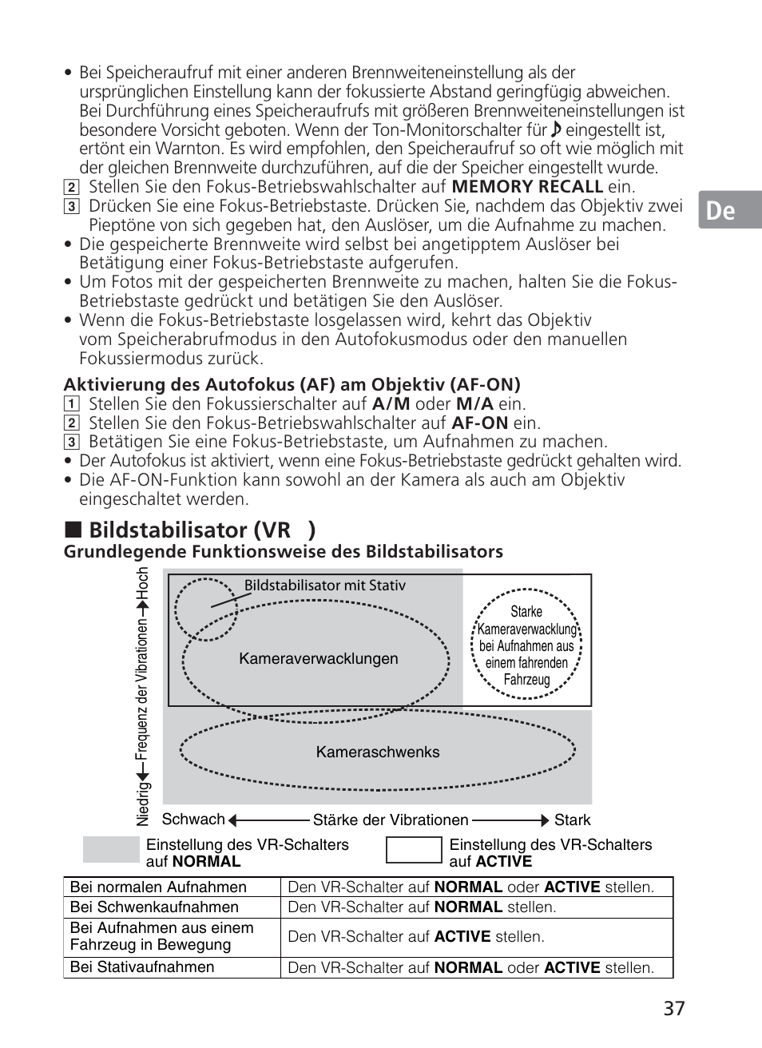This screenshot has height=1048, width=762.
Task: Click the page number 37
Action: [x=673, y=1008]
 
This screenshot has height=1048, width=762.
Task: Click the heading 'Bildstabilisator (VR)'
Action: [x=202, y=530]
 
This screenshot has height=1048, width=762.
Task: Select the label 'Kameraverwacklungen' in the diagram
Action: [x=319, y=659]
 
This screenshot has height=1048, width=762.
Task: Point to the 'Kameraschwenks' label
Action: [x=378, y=752]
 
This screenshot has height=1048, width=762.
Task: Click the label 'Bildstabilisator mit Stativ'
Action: [x=325, y=586]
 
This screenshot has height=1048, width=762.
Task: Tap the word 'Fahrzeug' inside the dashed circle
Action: [x=526, y=680]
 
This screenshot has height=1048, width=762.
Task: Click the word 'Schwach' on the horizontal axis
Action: [x=193, y=820]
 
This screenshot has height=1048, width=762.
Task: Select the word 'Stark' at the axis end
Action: [x=573, y=820]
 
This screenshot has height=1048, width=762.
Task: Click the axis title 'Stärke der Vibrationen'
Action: [x=391, y=820]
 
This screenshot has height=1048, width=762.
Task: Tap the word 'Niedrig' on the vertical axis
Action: [x=143, y=804]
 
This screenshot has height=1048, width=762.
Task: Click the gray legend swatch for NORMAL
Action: [x=111, y=850]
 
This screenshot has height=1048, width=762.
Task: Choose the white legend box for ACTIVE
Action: [x=414, y=850]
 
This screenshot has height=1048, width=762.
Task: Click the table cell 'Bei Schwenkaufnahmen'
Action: [x=154, y=907]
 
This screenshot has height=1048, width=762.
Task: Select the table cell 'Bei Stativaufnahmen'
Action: [x=142, y=967]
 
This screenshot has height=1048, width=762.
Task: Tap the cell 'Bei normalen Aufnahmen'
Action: [x=158, y=887]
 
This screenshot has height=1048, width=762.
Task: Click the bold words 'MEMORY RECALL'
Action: [x=527, y=187]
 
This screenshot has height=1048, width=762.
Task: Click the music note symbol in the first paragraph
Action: [x=557, y=129]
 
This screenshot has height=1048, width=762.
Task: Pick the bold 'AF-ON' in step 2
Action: [x=480, y=423]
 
